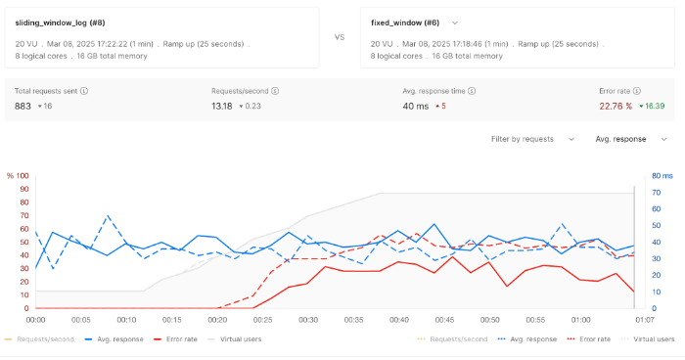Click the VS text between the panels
click(340, 37)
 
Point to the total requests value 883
click(23, 106)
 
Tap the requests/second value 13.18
click(224, 106)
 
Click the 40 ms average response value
click(416, 106)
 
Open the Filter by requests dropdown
click(533, 139)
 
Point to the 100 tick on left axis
click(23, 176)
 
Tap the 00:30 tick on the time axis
click(308, 320)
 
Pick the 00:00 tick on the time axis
click(36, 320)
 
